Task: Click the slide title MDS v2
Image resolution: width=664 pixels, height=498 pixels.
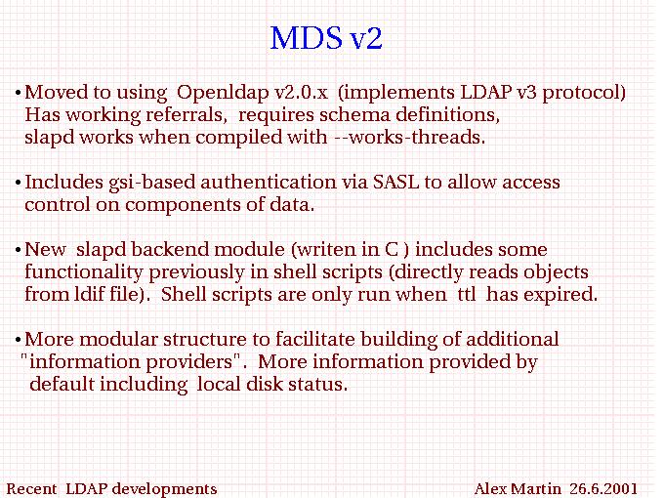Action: pos(326,38)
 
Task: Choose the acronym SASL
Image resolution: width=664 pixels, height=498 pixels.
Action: pos(395,182)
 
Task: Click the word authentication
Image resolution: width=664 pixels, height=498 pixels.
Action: pos(269,182)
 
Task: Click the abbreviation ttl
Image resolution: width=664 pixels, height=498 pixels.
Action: pos(467,294)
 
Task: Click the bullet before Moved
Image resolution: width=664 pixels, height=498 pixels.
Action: pos(18,93)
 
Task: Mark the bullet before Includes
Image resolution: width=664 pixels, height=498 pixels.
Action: pos(18,183)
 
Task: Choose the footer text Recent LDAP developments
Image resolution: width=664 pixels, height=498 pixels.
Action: pos(111,489)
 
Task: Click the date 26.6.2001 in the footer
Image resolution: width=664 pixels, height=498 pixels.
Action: pos(603,488)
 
